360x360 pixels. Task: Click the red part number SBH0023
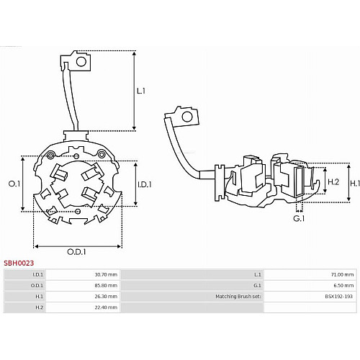(x=19, y=263)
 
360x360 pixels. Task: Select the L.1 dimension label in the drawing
(x=141, y=91)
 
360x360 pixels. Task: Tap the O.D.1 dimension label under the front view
(x=76, y=252)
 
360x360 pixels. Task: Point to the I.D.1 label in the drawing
(x=145, y=184)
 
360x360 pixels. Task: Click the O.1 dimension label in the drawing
(x=14, y=184)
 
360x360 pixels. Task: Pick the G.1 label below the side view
(x=299, y=219)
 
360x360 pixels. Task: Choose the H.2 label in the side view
(x=333, y=182)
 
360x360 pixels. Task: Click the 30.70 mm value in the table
(x=106, y=274)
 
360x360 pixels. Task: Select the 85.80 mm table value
(x=106, y=286)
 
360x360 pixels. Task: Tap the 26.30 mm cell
(x=106, y=297)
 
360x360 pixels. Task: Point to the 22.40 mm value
(x=106, y=307)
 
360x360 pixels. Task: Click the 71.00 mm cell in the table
(x=343, y=274)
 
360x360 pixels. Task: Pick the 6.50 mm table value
(x=343, y=286)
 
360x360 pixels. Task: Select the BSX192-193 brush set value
(x=339, y=297)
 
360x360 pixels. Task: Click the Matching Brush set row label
(x=238, y=297)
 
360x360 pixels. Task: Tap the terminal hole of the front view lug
(x=81, y=62)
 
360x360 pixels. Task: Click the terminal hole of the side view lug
(x=187, y=117)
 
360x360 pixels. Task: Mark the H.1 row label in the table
(x=39, y=297)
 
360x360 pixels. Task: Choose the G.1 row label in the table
(x=257, y=286)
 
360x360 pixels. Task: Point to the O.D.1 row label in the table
(x=37, y=286)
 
